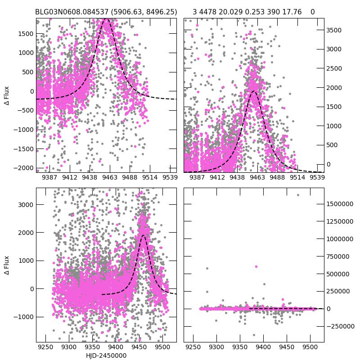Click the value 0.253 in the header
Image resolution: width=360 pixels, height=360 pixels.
(x=255, y=12)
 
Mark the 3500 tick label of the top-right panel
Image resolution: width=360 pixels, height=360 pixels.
(x=334, y=30)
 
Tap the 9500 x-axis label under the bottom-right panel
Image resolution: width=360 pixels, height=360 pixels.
(x=310, y=348)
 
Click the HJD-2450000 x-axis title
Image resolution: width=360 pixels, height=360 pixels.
(x=106, y=355)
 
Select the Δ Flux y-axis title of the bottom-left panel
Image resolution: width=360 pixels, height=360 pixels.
(x=6, y=265)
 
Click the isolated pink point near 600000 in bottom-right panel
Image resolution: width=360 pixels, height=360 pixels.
(x=256, y=266)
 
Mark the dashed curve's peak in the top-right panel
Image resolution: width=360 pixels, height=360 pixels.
(x=254, y=91)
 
